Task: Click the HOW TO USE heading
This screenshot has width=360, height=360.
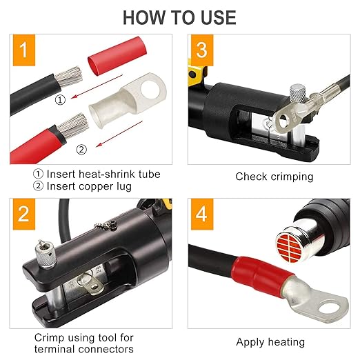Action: pyautogui.click(x=179, y=17)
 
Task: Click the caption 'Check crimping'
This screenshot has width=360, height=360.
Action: pyautogui.click(x=274, y=177)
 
